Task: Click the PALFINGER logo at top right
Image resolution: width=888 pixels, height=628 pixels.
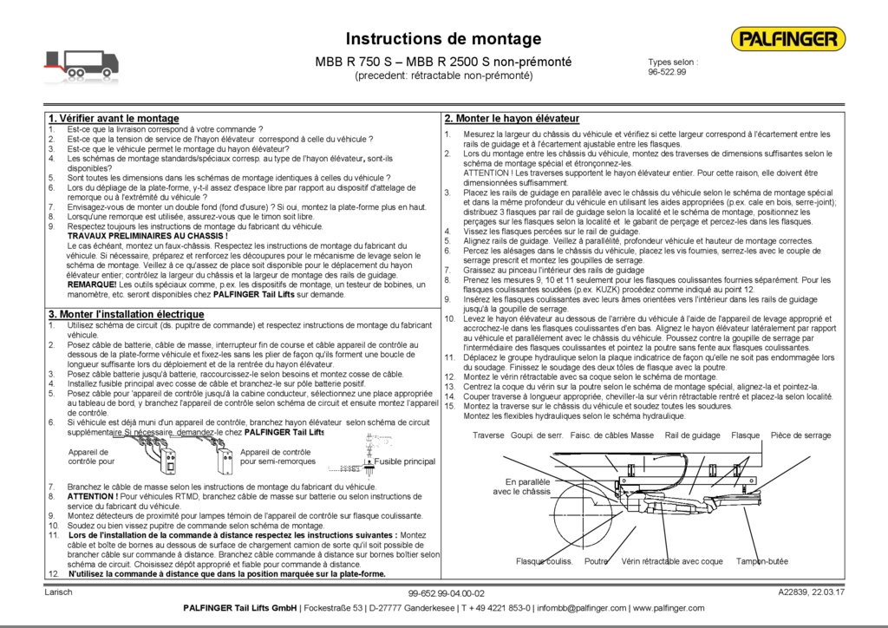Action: click(787, 39)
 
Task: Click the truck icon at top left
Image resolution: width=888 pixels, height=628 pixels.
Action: click(82, 62)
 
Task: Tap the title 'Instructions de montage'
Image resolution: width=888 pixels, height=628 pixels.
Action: click(443, 39)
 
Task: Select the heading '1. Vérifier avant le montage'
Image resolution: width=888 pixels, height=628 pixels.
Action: click(114, 118)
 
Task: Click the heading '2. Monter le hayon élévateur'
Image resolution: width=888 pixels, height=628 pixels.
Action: click(512, 118)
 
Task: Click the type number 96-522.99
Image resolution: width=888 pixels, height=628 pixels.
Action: click(667, 72)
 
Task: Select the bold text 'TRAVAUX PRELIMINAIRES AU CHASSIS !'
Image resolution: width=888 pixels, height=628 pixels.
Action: click(147, 236)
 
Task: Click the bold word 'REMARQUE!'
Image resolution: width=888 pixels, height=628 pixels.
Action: click(92, 285)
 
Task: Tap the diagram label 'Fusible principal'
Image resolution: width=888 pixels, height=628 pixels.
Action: click(404, 462)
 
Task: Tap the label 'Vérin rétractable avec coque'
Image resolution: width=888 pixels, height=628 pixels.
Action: click(672, 561)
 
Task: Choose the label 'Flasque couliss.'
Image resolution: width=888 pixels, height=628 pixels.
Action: click(545, 561)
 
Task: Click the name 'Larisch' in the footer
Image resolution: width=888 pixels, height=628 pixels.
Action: click(58, 592)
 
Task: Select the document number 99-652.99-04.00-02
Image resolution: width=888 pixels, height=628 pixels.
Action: click(446, 593)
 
